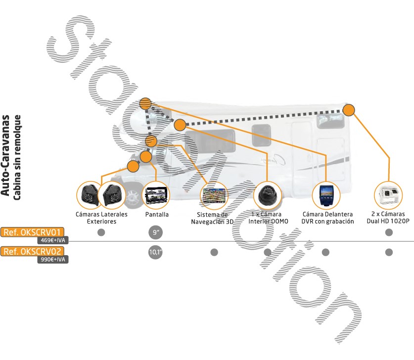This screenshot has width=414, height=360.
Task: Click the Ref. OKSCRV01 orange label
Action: (x=32, y=232)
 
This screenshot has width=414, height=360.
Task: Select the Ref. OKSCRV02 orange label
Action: (x=32, y=251)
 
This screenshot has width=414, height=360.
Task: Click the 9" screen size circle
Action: (x=155, y=232)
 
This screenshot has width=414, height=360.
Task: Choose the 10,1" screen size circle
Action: (x=155, y=252)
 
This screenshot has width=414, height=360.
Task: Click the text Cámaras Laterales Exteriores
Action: (x=101, y=218)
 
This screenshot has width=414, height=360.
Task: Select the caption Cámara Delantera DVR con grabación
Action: (x=327, y=218)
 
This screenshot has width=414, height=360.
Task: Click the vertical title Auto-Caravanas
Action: (x=6, y=156)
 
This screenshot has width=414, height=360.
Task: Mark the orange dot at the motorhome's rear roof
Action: (x=349, y=110)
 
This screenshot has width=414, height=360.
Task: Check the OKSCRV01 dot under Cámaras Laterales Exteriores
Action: (x=101, y=232)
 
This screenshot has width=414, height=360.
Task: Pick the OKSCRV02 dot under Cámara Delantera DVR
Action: (x=325, y=252)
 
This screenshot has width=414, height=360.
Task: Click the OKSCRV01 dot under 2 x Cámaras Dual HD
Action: (x=389, y=232)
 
